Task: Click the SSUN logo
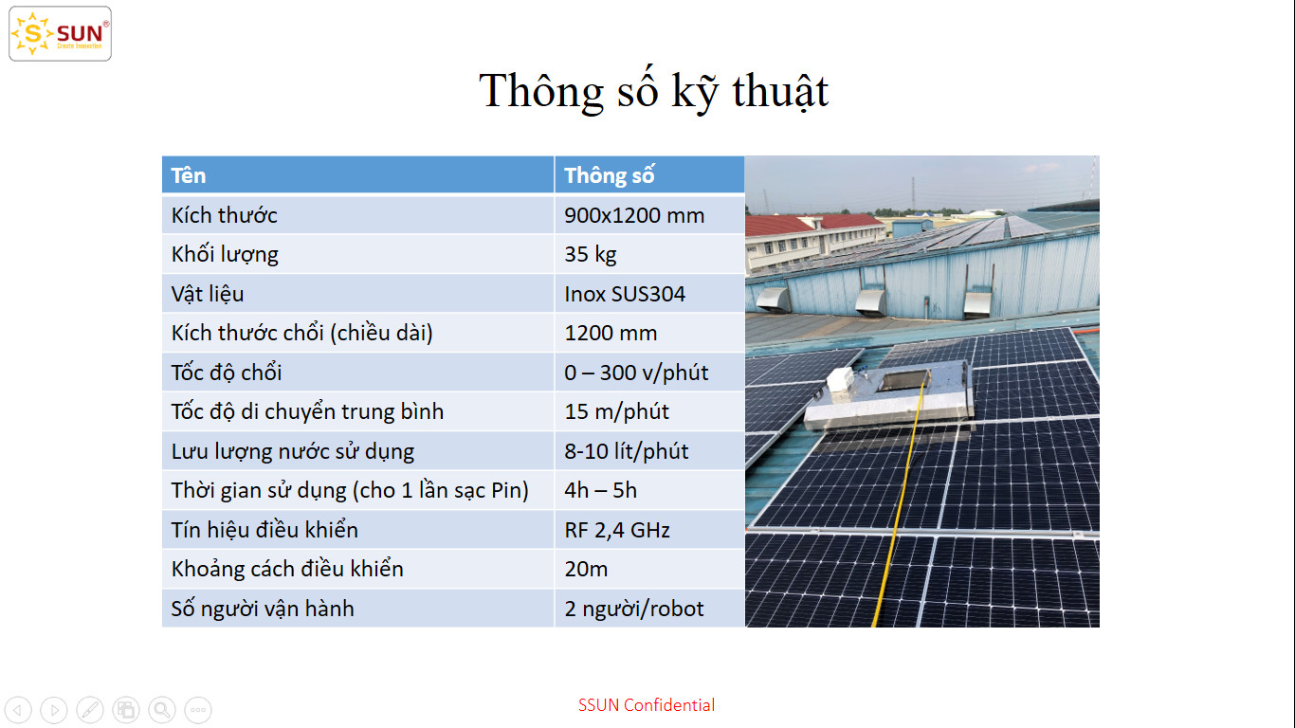[x=60, y=34]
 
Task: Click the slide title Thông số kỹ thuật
[x=654, y=91]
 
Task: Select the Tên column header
[x=189, y=175]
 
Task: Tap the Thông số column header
[x=610, y=175]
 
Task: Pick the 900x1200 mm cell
[x=634, y=215]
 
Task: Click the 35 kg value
[x=591, y=254]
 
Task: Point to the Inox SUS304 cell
[x=625, y=294]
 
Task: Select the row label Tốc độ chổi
[x=227, y=373]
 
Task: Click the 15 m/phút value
[x=616, y=411]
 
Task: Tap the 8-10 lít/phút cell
[x=627, y=451]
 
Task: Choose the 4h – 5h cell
[x=601, y=490]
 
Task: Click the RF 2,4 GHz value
[x=617, y=530]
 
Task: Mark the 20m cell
[x=586, y=569]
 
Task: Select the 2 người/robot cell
[x=634, y=609]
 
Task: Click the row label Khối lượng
[x=225, y=254]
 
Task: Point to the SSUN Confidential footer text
[x=647, y=704]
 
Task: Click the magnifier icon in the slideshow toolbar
[x=162, y=709]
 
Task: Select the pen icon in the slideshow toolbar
[x=90, y=709]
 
